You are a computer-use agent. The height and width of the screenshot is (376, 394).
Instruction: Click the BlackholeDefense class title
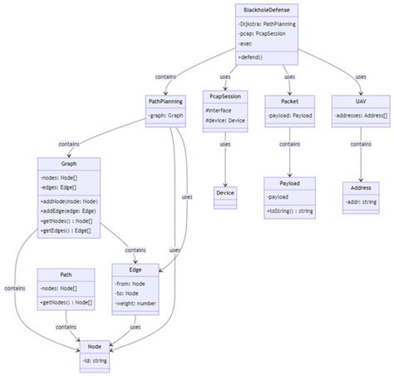click(x=267, y=9)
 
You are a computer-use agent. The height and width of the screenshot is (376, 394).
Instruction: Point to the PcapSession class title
click(x=226, y=101)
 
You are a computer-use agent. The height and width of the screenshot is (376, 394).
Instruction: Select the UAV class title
click(x=360, y=101)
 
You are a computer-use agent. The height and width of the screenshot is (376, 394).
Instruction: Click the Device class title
click(x=225, y=193)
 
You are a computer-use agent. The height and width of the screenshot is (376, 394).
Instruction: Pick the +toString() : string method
click(x=290, y=211)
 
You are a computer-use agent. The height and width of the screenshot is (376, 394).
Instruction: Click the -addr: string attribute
click(x=359, y=202)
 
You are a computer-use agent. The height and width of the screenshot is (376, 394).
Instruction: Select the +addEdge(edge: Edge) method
click(x=69, y=211)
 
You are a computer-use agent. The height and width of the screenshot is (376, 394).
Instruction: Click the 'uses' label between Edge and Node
click(x=135, y=327)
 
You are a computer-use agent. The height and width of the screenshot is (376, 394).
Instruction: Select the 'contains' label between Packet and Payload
click(x=289, y=144)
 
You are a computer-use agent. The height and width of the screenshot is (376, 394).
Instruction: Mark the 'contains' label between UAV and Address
click(x=360, y=144)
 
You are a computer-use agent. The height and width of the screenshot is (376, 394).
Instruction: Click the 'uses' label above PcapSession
click(x=225, y=77)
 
